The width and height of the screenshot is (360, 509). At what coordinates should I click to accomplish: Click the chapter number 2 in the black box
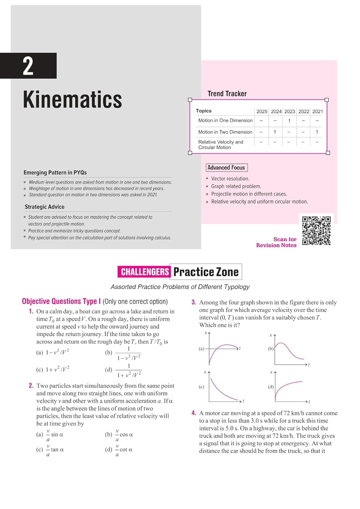[x=28, y=66]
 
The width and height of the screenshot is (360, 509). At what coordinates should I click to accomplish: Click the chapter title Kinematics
[x=72, y=100]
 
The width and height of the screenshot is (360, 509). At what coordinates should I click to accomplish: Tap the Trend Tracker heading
[x=227, y=94]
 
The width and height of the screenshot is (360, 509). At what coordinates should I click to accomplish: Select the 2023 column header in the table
[x=289, y=111]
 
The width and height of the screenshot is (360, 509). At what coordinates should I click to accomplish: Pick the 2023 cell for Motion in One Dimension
[x=289, y=121]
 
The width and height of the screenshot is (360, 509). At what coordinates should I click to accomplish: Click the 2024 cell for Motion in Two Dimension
[x=275, y=132]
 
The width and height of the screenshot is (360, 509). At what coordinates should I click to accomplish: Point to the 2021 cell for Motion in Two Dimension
[x=317, y=132]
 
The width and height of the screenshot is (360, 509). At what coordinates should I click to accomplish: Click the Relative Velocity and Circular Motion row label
[x=221, y=145]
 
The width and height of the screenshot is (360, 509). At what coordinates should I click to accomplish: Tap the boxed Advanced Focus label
[x=226, y=168]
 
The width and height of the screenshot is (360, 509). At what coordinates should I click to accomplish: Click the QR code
[x=316, y=230]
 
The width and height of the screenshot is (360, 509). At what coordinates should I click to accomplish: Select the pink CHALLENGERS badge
[x=144, y=272]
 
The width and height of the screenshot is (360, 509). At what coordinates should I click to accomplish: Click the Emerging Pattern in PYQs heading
[x=55, y=172]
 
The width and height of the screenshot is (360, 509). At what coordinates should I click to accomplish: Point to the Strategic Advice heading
[x=44, y=207]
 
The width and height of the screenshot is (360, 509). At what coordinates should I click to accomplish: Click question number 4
[x=194, y=413]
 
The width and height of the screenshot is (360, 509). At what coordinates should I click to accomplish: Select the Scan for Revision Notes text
[x=276, y=242]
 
